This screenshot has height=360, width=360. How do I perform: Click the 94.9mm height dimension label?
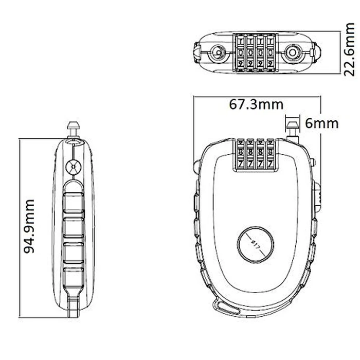tap(29, 227)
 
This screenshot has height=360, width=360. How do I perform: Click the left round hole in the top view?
tap(218, 52)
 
